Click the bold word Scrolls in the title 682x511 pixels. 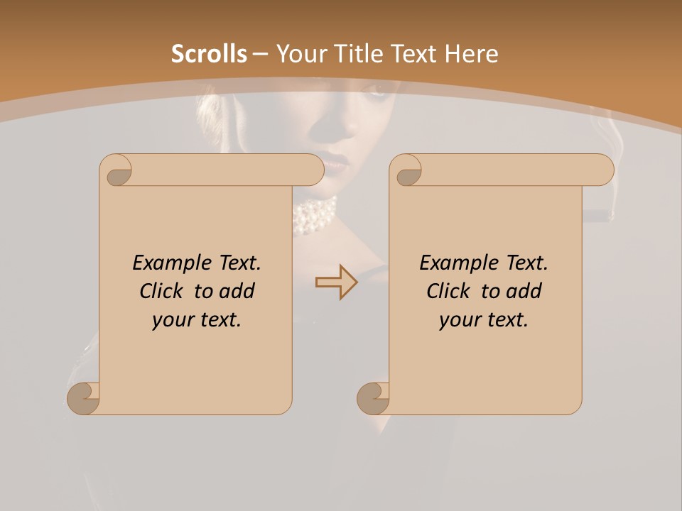(x=209, y=54)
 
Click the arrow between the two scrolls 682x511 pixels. (x=336, y=282)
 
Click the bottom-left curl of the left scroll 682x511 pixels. (x=84, y=398)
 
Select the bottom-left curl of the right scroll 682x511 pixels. (x=374, y=398)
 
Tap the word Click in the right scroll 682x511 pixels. (x=448, y=291)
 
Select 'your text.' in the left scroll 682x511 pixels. (x=197, y=319)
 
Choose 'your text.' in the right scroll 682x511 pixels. (x=484, y=319)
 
